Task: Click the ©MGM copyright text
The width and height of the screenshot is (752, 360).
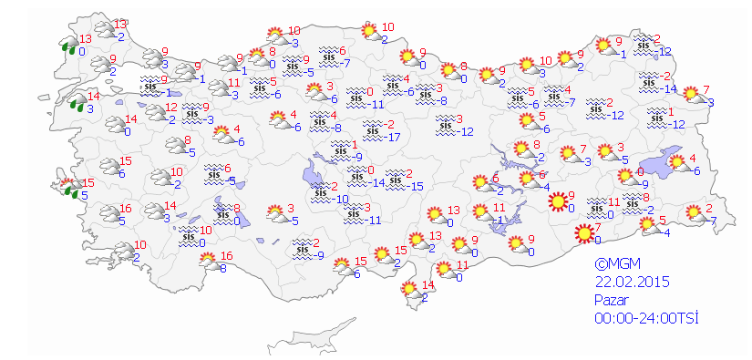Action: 611,265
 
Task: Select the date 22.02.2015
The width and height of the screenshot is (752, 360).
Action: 630,283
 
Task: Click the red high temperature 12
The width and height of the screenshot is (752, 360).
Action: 170,108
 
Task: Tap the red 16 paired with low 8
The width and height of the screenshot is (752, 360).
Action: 227,255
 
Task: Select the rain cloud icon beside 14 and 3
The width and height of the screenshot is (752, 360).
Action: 77,100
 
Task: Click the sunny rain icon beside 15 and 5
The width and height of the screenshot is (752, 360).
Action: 67,188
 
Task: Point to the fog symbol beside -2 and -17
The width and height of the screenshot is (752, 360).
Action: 371,131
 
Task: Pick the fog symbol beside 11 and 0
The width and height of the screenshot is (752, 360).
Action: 597,206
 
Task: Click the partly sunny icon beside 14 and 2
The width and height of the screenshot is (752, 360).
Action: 411,291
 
